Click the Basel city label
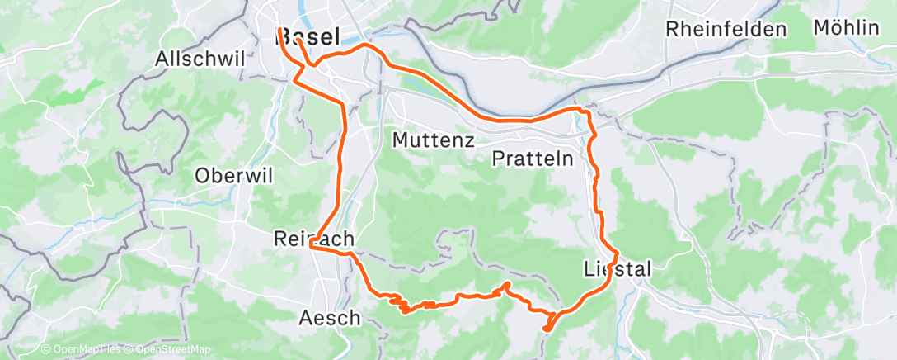click(310, 36)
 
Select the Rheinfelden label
click(726, 29)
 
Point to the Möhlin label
click(846, 27)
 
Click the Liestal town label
click(618, 268)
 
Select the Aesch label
click(330, 317)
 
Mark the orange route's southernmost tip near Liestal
click(547, 329)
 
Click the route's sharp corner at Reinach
click(309, 245)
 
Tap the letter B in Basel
click(286, 36)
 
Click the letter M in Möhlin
click(821, 27)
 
